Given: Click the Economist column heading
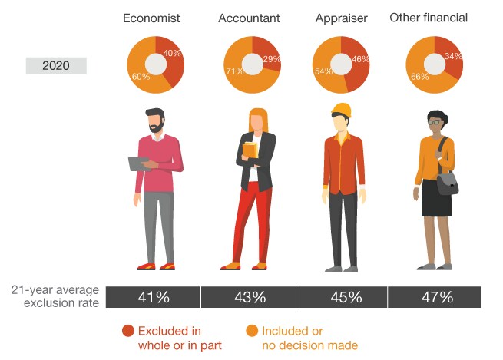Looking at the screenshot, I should click(x=152, y=18).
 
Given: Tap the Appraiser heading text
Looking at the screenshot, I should click(x=342, y=18).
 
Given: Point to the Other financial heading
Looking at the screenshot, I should click(x=429, y=18).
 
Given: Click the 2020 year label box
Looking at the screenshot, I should click(x=55, y=65).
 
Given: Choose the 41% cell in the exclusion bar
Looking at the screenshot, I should click(x=153, y=297).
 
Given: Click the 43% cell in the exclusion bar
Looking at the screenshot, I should click(x=248, y=297).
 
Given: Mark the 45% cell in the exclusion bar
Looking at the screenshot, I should click(x=341, y=297).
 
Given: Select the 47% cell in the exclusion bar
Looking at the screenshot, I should click(x=435, y=297).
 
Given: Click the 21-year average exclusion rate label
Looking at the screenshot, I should click(x=55, y=296).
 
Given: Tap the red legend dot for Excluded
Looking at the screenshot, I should click(x=128, y=331).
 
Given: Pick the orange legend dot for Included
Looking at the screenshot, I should click(x=251, y=331).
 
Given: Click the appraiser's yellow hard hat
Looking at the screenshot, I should click(x=341, y=109).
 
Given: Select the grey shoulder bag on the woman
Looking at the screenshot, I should click(x=448, y=183).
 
